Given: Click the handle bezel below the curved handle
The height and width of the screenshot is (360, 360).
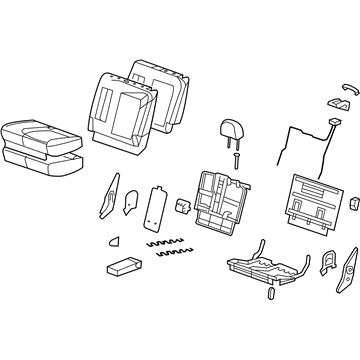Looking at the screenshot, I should pos(332,103).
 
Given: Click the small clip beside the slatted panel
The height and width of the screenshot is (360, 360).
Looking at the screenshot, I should pos(354,205).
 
